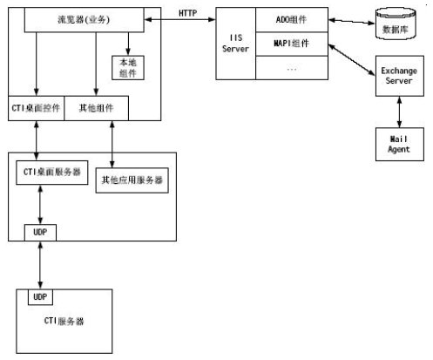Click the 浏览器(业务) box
point(85,20)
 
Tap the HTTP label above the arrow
point(187,13)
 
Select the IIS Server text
point(235,44)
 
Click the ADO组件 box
point(292,20)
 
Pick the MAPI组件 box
point(292,44)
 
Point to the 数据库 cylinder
point(396,24)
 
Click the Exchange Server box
point(400,76)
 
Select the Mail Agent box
point(400,145)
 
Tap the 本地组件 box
point(128,68)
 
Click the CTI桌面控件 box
point(36,108)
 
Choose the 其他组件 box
point(96,108)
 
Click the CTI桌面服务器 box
point(52,173)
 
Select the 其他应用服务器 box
point(132,180)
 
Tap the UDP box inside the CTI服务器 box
point(40,297)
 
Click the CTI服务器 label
point(64,321)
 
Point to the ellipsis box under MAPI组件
point(292,68)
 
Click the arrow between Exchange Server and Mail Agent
point(400,112)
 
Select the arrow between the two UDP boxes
point(40,265)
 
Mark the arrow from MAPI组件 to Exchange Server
point(352,60)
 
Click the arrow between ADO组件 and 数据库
point(352,22)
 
